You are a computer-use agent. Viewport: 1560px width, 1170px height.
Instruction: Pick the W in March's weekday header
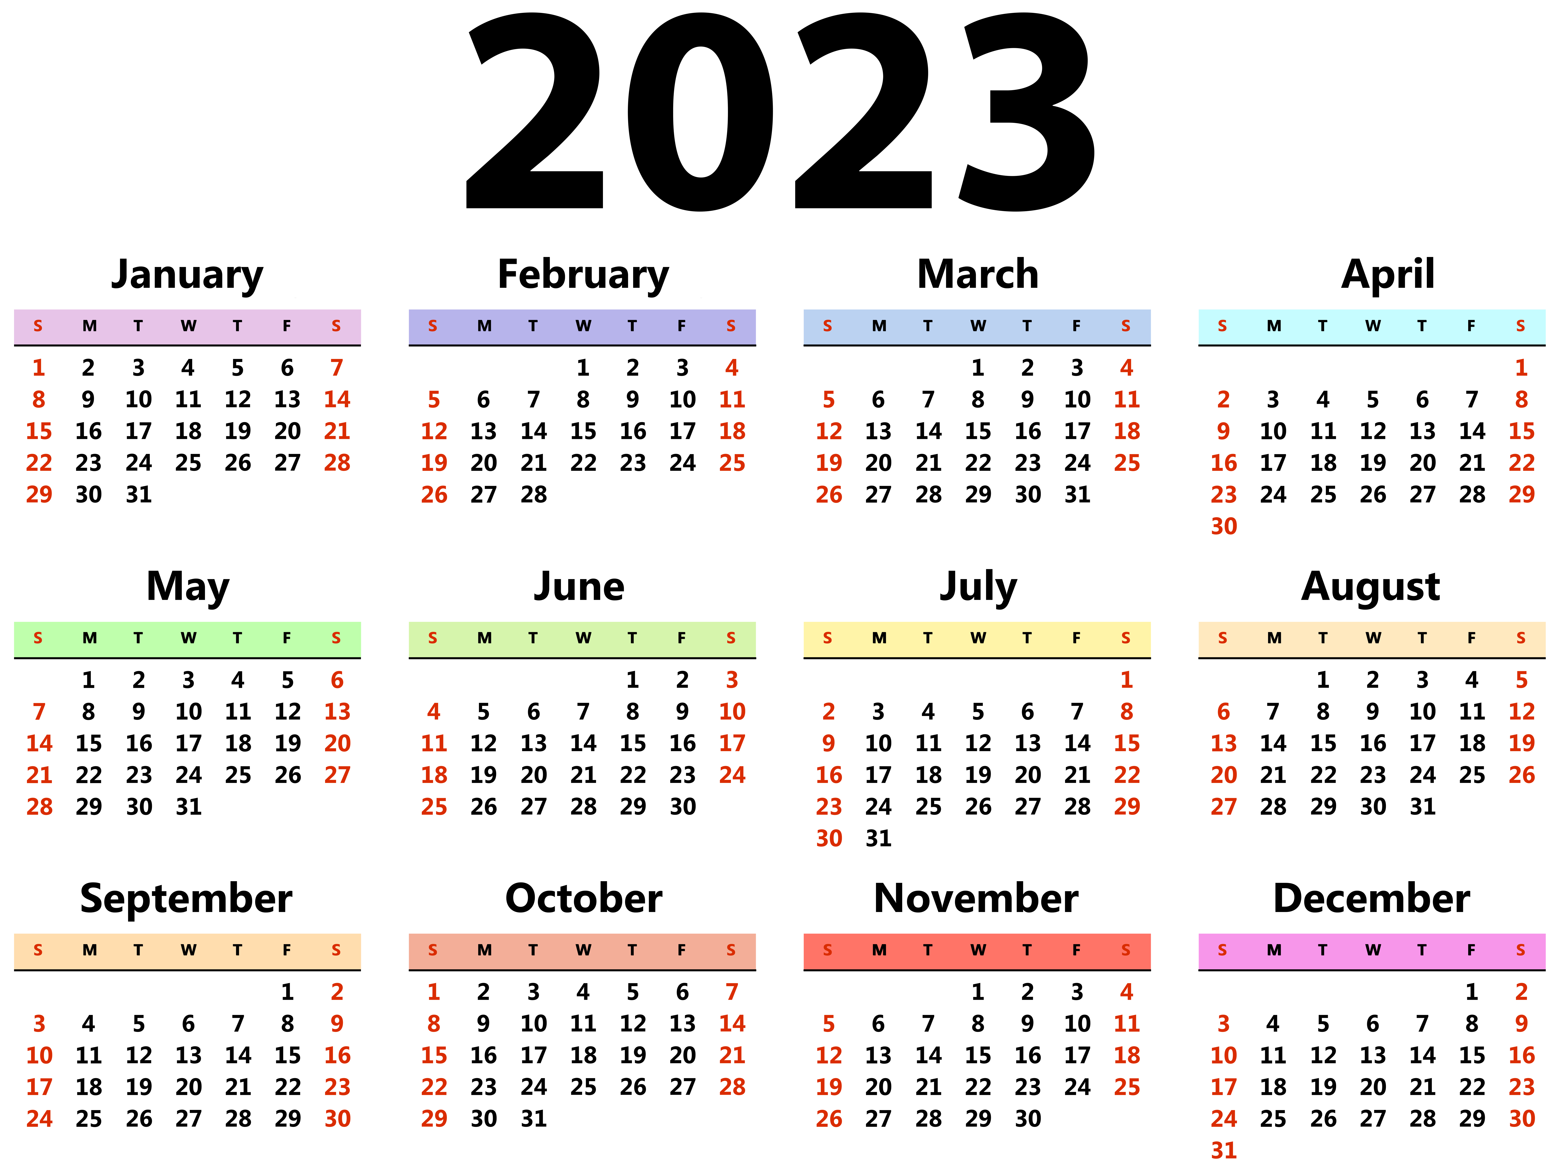tap(978, 326)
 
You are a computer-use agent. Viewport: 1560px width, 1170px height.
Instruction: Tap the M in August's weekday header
tap(1274, 638)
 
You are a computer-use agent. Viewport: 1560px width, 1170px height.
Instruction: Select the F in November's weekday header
tap(1076, 950)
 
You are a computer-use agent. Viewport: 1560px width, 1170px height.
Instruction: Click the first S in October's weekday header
tap(432, 950)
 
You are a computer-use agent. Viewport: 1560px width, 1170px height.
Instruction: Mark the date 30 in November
tap(1027, 1119)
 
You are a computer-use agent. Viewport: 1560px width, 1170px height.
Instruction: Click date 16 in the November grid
tap(1027, 1055)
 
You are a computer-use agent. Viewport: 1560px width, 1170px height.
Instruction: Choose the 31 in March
tap(1077, 494)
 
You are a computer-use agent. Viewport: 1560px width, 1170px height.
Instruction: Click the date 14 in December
tap(1423, 1055)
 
